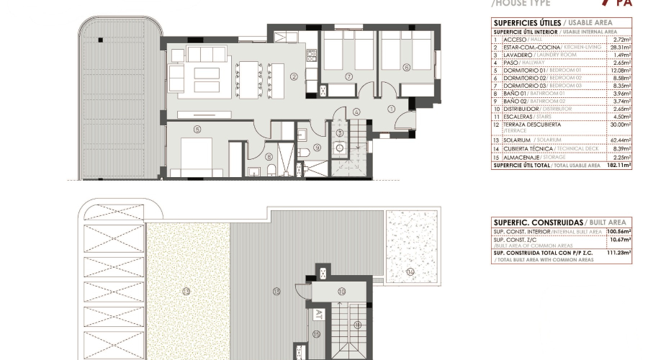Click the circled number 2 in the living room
click(x=294, y=77)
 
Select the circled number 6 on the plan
click(x=406, y=68)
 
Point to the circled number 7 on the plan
click(x=348, y=76)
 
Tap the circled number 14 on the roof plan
click(x=410, y=271)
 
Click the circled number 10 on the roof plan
click(x=342, y=291)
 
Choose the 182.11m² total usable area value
click(x=618, y=165)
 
